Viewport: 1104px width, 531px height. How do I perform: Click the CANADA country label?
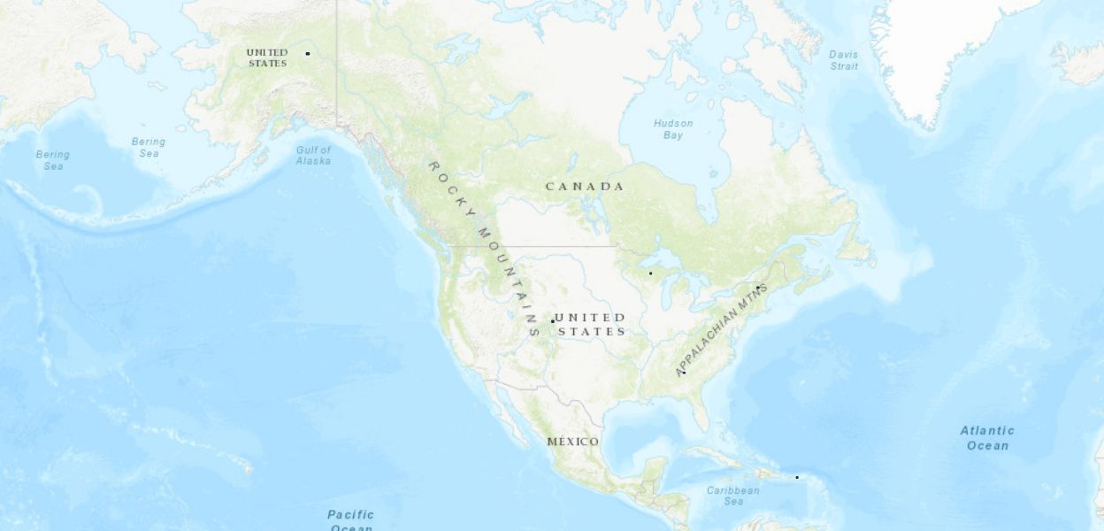(x=584, y=187)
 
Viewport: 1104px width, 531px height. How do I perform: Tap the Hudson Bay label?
(x=673, y=129)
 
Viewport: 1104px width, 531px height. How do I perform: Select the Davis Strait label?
(x=844, y=60)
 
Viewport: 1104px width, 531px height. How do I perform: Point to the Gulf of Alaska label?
(x=313, y=156)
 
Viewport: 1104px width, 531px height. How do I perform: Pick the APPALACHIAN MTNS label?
(x=719, y=330)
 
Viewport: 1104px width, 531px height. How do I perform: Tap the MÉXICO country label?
(x=572, y=442)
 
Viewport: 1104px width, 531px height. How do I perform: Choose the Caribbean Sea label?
(x=733, y=496)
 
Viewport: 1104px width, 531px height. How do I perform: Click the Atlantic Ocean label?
(x=987, y=438)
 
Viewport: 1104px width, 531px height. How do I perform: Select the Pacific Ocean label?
(x=351, y=520)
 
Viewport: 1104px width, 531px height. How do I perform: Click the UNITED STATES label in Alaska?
(x=267, y=58)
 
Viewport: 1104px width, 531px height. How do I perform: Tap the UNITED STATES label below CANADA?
(x=591, y=324)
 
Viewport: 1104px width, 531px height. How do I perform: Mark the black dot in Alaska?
(x=308, y=53)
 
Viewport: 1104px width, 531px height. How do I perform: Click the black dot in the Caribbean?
(x=796, y=478)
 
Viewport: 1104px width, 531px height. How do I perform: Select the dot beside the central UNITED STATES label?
(x=553, y=320)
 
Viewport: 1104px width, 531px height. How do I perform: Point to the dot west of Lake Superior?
(x=650, y=273)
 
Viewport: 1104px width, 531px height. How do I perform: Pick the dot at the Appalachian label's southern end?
(x=684, y=373)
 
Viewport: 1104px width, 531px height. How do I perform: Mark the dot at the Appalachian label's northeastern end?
(x=758, y=288)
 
